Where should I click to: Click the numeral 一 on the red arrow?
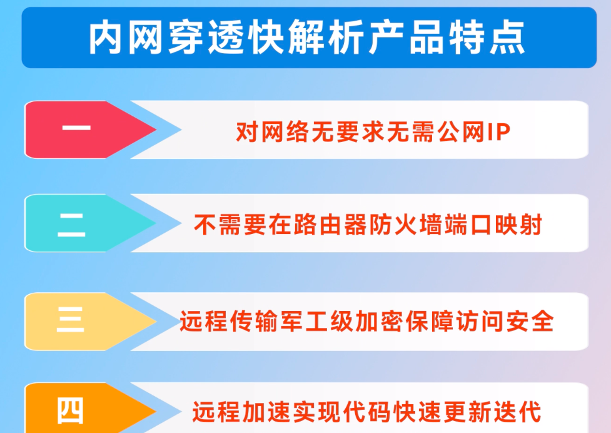76,128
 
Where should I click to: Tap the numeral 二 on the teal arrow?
71,225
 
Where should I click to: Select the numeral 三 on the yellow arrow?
71,319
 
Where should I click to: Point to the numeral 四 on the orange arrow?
71,410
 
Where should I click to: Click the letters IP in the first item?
499,132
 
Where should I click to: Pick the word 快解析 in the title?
306,38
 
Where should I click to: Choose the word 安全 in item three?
530,322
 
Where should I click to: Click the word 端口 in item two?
468,225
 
